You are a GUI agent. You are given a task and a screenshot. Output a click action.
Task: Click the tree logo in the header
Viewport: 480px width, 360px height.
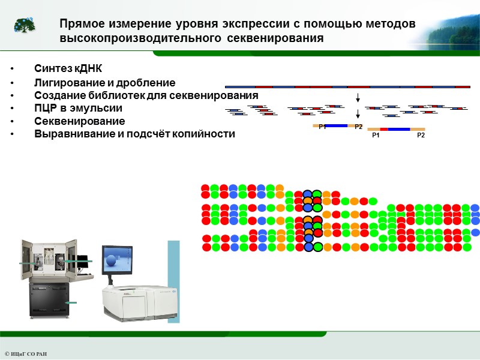click(25, 25)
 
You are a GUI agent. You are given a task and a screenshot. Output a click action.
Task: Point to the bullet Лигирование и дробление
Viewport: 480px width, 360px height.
click(104, 83)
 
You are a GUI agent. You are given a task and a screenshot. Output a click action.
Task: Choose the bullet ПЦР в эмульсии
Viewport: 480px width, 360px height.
click(78, 109)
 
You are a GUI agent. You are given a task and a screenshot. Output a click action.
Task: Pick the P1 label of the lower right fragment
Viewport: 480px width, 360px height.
click(376, 136)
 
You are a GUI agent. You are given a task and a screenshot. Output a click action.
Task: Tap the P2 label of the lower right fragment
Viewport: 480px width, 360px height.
click(421, 136)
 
